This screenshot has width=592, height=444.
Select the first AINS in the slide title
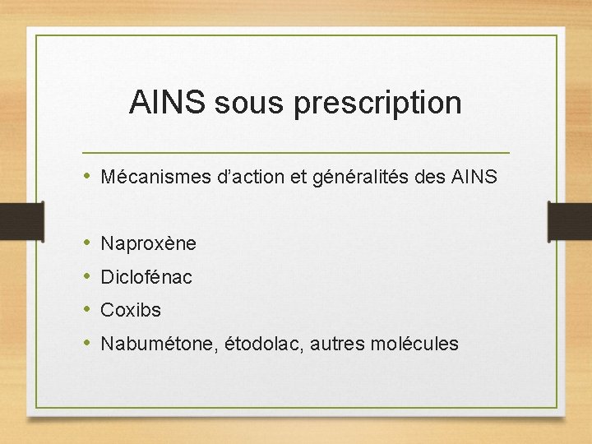[168, 104]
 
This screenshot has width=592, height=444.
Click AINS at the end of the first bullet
[474, 177]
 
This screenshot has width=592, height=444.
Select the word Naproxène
[148, 244]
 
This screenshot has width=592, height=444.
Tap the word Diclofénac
[146, 277]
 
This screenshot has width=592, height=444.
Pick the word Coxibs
[131, 310]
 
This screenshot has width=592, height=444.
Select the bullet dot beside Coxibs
[86, 310]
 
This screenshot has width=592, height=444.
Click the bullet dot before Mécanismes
[86, 177]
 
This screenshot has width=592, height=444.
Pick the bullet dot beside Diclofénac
[86, 277]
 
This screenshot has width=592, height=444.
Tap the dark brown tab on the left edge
[21, 221]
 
